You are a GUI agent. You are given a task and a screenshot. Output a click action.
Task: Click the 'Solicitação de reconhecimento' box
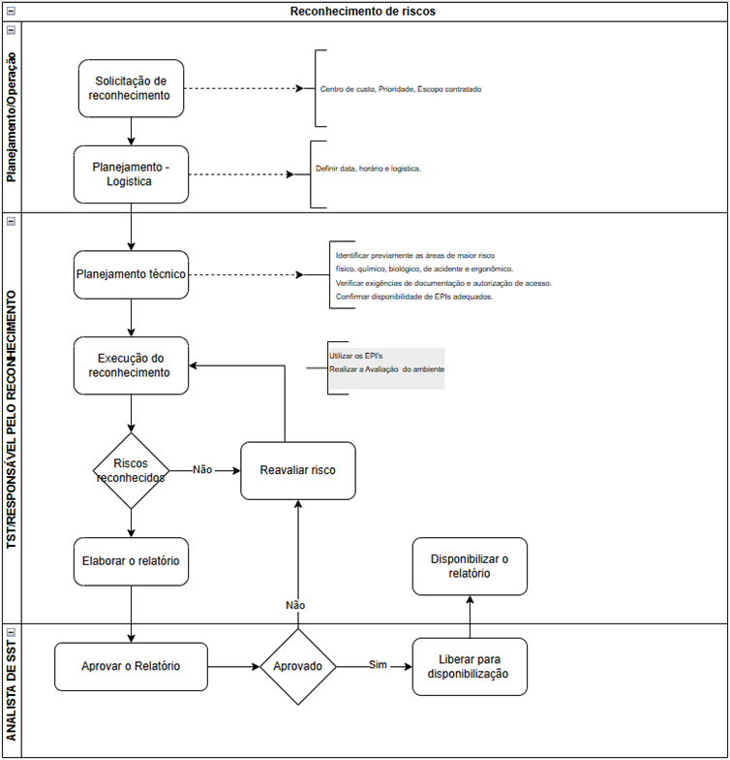pos(131,88)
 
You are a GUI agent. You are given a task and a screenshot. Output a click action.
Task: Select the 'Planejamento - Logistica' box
pos(131,174)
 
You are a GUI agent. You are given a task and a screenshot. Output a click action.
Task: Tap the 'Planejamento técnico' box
pos(131,274)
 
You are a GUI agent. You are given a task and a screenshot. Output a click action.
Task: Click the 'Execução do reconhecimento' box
pos(131,365)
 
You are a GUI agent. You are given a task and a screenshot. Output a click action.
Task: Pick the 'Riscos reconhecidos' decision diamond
pos(131,471)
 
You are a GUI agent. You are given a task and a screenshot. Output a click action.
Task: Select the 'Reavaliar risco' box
pos(298,470)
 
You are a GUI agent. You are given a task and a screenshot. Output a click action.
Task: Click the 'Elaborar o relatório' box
pos(131,561)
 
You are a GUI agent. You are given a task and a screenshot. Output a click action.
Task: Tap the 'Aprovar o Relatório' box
pos(131,667)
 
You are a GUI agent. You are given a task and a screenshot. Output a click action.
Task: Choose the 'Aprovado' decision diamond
pos(298,667)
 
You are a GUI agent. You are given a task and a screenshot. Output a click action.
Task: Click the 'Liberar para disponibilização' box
pos(470,667)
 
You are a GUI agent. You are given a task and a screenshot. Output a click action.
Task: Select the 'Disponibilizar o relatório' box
pos(470,566)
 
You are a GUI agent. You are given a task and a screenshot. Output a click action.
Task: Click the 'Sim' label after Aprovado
pos(378,665)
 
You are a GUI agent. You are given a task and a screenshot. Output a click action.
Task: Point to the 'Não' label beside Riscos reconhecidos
pos(202,469)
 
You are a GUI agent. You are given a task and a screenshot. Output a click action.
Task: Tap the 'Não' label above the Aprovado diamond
pos(295,605)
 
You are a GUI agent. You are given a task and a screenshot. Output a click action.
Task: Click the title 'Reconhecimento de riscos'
pos(362,12)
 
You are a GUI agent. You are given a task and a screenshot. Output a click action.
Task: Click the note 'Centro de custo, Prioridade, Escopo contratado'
pos(401,89)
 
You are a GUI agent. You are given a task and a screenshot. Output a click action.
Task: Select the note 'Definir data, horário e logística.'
pos(368,169)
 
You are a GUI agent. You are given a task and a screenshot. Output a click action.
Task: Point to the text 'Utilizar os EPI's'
pos(356,356)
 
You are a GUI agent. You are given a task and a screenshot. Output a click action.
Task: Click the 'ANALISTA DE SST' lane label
pos(12,691)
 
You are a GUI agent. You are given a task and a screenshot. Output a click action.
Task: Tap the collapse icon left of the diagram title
pos(11,11)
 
